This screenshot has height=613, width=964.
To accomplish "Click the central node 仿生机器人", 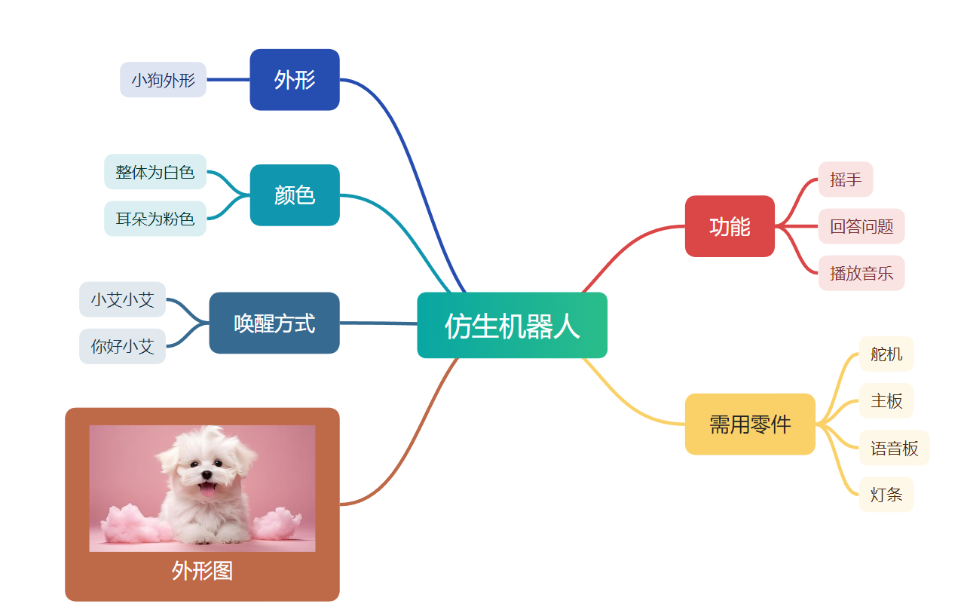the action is (x=512, y=325).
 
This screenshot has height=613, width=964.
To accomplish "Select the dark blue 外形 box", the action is (x=295, y=80).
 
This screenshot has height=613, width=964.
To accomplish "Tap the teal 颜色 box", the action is (x=295, y=195).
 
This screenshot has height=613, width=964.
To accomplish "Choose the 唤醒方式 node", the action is (x=274, y=323).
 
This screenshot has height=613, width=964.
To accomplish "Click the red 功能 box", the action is (x=730, y=226).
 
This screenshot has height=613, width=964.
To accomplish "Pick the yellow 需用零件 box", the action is (x=750, y=424).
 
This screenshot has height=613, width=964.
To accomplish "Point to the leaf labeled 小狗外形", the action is (x=163, y=80).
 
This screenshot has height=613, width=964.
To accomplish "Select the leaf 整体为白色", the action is (x=155, y=172).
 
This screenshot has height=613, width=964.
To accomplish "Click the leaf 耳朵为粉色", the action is (x=155, y=219).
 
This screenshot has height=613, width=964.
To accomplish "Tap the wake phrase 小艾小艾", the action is (x=122, y=299).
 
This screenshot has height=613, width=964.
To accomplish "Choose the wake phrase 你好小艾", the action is (x=122, y=347).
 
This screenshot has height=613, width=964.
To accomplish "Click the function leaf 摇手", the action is (x=846, y=179).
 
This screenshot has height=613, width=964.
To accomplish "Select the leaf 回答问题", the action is (x=861, y=226).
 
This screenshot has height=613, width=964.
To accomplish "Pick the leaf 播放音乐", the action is (x=861, y=274).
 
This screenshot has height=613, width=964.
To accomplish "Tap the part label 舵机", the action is (x=886, y=354).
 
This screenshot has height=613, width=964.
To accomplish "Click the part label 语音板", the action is (x=895, y=448).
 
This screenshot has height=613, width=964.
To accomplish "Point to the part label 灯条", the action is (x=886, y=495).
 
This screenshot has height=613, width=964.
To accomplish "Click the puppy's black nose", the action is (x=207, y=474).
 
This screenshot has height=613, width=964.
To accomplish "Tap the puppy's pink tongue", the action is (x=208, y=489).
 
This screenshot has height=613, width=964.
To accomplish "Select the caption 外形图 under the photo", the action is (x=202, y=571).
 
